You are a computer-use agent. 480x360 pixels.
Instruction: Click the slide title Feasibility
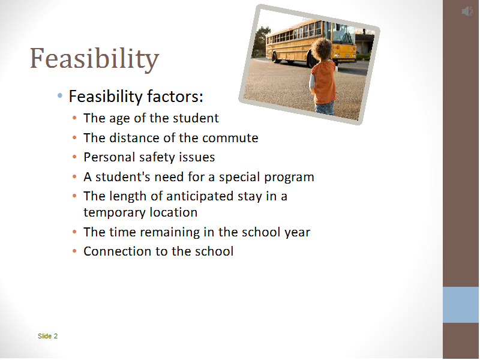pyautogui.click(x=94, y=59)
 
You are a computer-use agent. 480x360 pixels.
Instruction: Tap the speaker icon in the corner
pyautogui.click(x=467, y=11)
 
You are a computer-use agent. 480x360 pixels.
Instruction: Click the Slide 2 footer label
pyautogui.click(x=47, y=336)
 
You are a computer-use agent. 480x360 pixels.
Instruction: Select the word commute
pyautogui.click(x=230, y=138)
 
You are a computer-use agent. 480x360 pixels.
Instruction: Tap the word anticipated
pyautogui.click(x=200, y=197)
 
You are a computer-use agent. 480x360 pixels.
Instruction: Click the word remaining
pyautogui.click(x=171, y=232)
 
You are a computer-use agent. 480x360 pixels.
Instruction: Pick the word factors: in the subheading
pyautogui.click(x=175, y=96)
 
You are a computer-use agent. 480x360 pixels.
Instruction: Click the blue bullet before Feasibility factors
pyautogui.click(x=59, y=96)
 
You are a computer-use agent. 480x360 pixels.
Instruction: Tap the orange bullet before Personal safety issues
pyautogui.click(x=74, y=157)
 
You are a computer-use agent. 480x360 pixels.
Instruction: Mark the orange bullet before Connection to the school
pyautogui.click(x=74, y=251)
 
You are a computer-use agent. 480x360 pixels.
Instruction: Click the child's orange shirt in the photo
pyautogui.click(x=323, y=82)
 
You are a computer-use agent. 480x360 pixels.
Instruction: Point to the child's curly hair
pyautogui.click(x=322, y=49)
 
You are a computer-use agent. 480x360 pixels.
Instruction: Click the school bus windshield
pyautogui.click(x=343, y=34)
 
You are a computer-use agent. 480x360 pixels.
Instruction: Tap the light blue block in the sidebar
pyautogui.click(x=461, y=305)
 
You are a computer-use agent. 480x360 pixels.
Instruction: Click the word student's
pyautogui.click(x=115, y=177)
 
